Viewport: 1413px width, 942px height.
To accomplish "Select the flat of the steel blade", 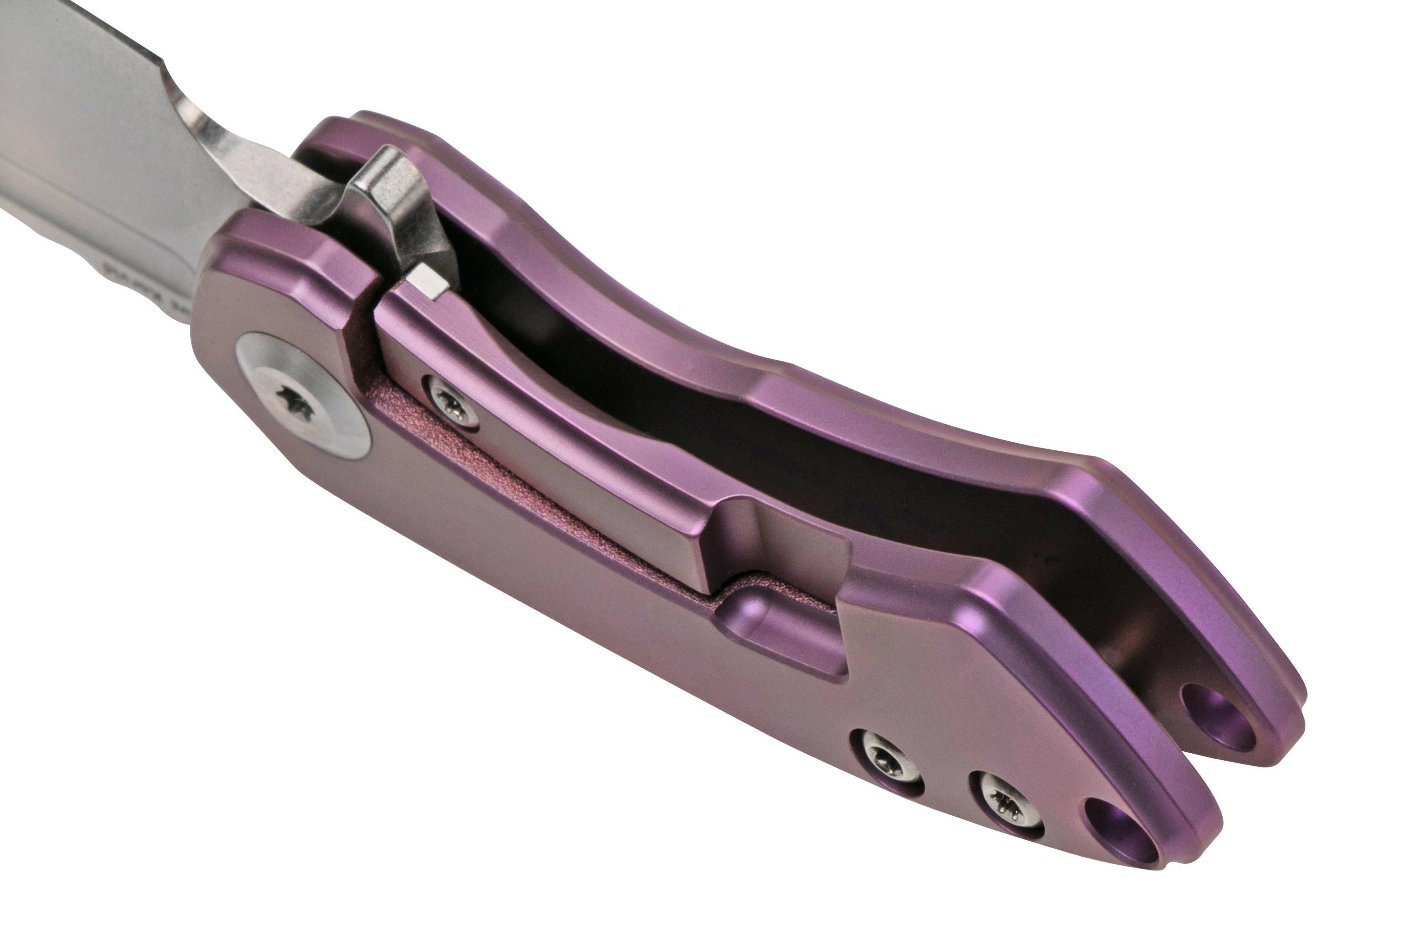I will (90, 120).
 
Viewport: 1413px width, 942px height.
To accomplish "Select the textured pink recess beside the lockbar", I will (541, 480).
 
